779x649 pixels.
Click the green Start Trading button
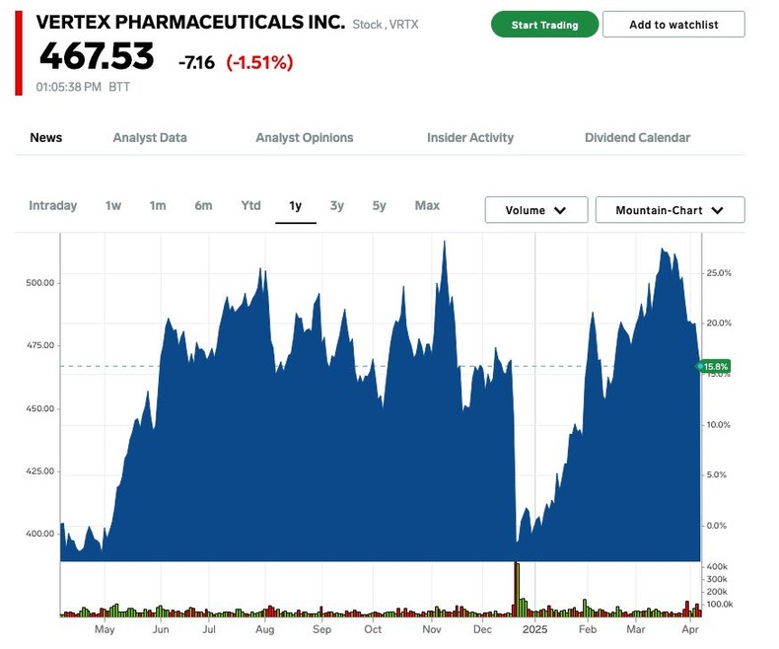tap(544, 25)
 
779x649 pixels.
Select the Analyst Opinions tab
tap(304, 138)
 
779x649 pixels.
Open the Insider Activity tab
tap(469, 138)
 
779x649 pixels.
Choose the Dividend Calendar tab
tap(637, 138)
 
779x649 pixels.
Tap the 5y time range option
tap(379, 206)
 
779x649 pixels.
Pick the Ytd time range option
tap(250, 206)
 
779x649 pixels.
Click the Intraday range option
tap(52, 206)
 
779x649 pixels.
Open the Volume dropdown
tap(535, 210)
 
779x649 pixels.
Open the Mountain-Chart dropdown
tap(670, 210)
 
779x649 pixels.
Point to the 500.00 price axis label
tap(41, 283)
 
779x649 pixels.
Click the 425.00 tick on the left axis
tap(41, 471)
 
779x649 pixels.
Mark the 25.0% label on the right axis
tap(718, 273)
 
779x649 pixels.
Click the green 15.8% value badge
tap(715, 367)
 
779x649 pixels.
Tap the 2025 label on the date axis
tap(534, 629)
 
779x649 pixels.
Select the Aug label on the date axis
tap(264, 629)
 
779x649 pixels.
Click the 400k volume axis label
tap(718, 567)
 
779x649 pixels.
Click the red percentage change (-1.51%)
tap(259, 63)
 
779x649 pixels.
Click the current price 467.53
tap(97, 57)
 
